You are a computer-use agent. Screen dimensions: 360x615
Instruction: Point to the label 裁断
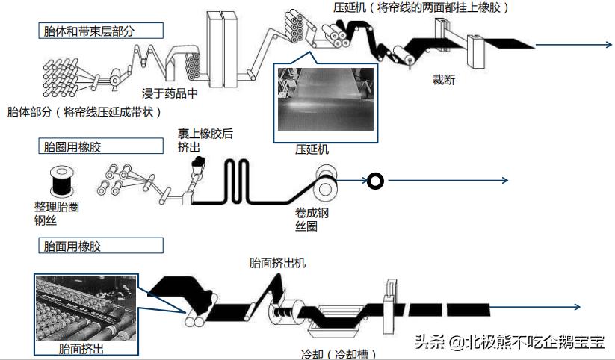pyautogui.click(x=444, y=80)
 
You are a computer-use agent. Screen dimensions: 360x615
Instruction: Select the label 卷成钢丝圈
pyautogui.click(x=312, y=219)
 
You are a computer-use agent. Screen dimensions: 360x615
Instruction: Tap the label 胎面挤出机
pyautogui.click(x=277, y=263)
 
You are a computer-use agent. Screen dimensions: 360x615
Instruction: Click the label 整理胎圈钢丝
pyautogui.click(x=56, y=213)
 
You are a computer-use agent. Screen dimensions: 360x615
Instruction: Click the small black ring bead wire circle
pyautogui.click(x=374, y=180)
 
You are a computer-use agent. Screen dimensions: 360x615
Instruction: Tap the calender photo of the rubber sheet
pyautogui.click(x=324, y=97)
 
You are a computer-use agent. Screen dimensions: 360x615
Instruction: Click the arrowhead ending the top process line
pyautogui.click(x=608, y=45)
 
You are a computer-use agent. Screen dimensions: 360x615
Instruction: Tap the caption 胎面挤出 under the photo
pyautogui.click(x=81, y=349)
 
